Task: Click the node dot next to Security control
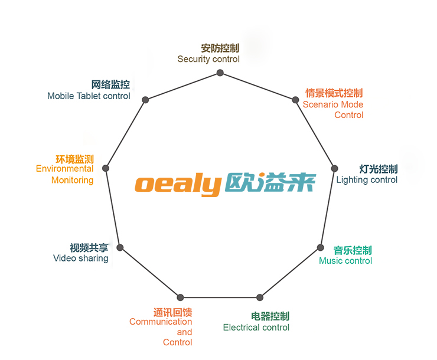click(220, 73)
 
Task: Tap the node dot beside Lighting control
click(335, 168)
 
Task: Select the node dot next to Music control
click(321, 247)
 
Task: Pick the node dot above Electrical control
click(259, 297)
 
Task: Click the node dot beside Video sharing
click(120, 247)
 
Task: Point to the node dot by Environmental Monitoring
click(106, 168)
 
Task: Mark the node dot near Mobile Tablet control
click(145, 100)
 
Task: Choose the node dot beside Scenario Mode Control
click(296, 100)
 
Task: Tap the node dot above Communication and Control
click(181, 297)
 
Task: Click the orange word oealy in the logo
click(177, 184)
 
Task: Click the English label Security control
click(208, 59)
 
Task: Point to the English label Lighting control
click(367, 180)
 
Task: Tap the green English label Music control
click(345, 261)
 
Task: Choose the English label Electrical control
click(256, 328)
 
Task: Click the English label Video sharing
click(81, 258)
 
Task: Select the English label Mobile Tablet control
click(89, 96)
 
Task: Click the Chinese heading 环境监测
click(74, 159)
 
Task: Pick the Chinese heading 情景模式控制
click(334, 93)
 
